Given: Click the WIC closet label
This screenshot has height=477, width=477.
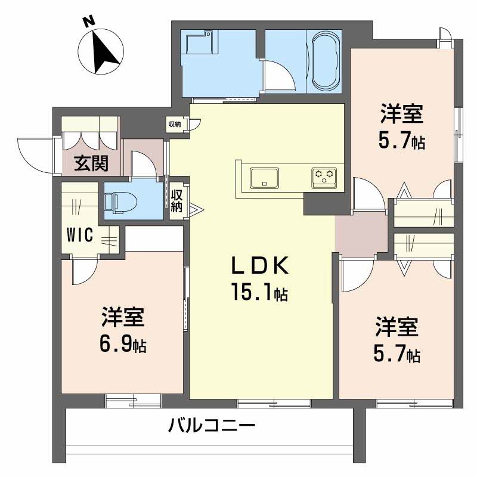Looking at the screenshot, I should tap(79, 235).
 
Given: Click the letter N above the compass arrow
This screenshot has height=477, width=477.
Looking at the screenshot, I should tap(89, 21).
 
